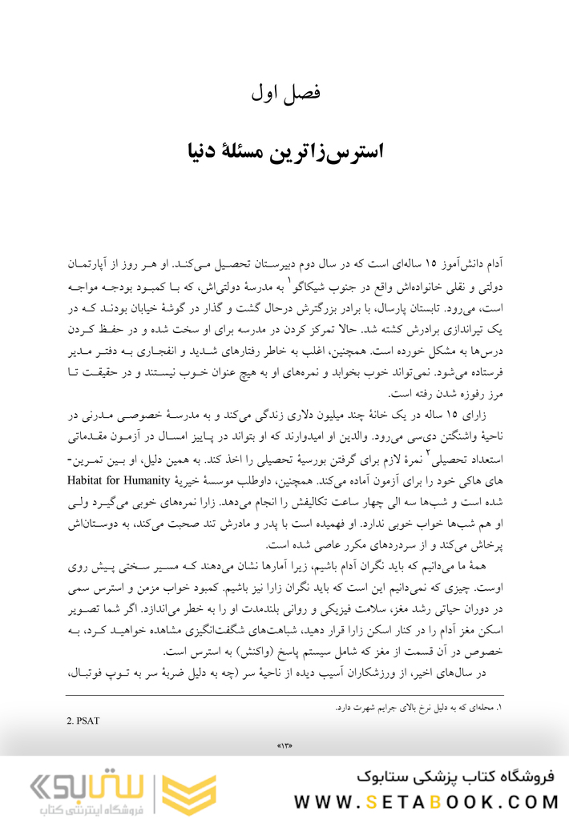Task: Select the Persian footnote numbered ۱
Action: (x=417, y=707)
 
